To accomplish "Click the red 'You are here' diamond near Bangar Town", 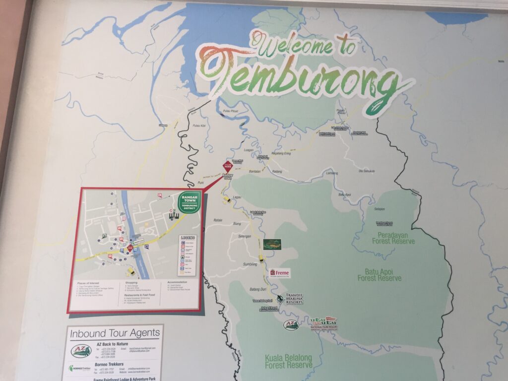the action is (228, 166).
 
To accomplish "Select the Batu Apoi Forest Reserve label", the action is (379, 275).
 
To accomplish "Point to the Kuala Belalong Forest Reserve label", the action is (289, 362).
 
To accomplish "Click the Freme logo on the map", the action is (279, 273).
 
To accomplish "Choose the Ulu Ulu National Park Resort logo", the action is (323, 323).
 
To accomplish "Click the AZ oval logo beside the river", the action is (291, 325).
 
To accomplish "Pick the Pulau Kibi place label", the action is (198, 126).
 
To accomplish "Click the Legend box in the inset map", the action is (190, 254).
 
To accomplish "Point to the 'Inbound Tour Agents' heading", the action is (115, 333).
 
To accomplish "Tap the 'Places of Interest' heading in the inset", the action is (89, 282).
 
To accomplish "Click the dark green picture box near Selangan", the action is (272, 244).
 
